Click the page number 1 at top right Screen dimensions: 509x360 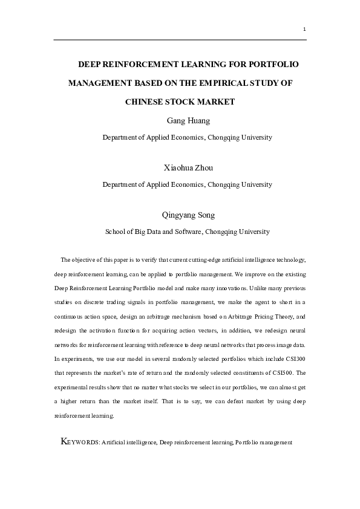click(x=304, y=29)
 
